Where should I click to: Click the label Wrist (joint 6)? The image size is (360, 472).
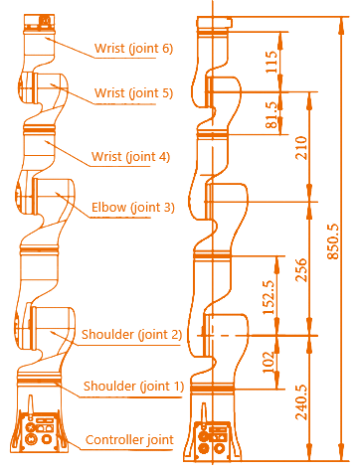(133, 48)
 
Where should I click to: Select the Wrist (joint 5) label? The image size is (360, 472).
(133, 93)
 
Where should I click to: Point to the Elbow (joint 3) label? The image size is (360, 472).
(132, 207)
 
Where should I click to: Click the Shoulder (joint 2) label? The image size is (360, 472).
(132, 334)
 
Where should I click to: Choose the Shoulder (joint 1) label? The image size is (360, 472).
(132, 386)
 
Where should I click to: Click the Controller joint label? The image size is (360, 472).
(129, 439)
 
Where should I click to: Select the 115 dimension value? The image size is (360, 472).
(271, 61)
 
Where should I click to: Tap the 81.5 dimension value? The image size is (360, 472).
(271, 111)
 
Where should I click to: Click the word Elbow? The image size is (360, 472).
(106, 207)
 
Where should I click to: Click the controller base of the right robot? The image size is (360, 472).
(213, 431)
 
